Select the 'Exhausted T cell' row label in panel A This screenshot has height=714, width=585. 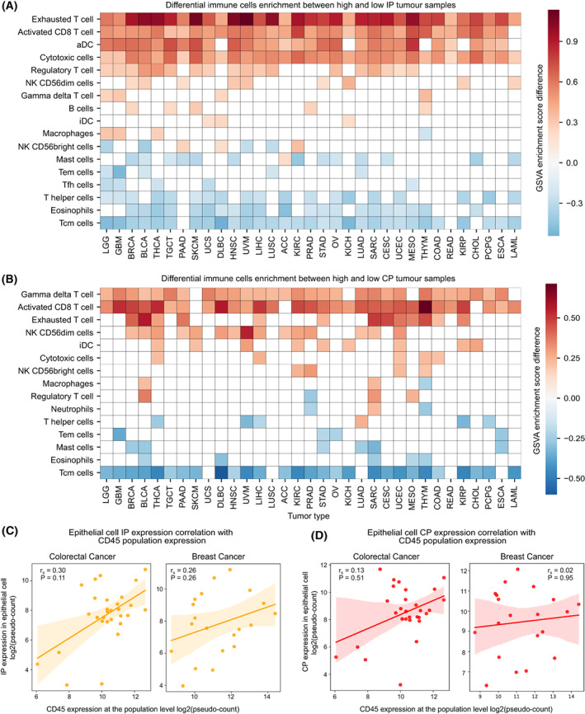tap(59, 18)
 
